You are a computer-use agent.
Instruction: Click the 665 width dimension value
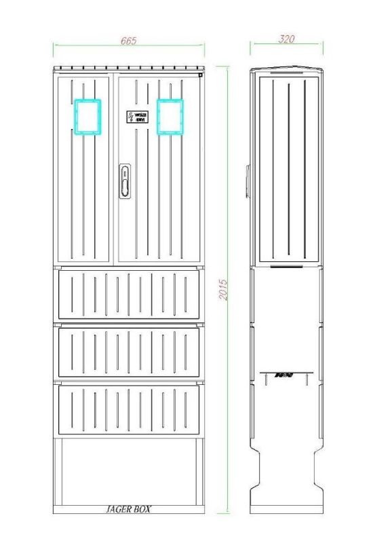128,41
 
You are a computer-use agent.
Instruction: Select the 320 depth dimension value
287,39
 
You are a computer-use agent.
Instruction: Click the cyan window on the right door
170,117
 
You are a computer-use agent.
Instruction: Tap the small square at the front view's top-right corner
201,75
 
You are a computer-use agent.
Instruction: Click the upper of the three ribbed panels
129,294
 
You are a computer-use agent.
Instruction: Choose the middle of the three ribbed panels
129,352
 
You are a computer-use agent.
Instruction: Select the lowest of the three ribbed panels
129,409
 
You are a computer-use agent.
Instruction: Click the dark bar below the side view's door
287,267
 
